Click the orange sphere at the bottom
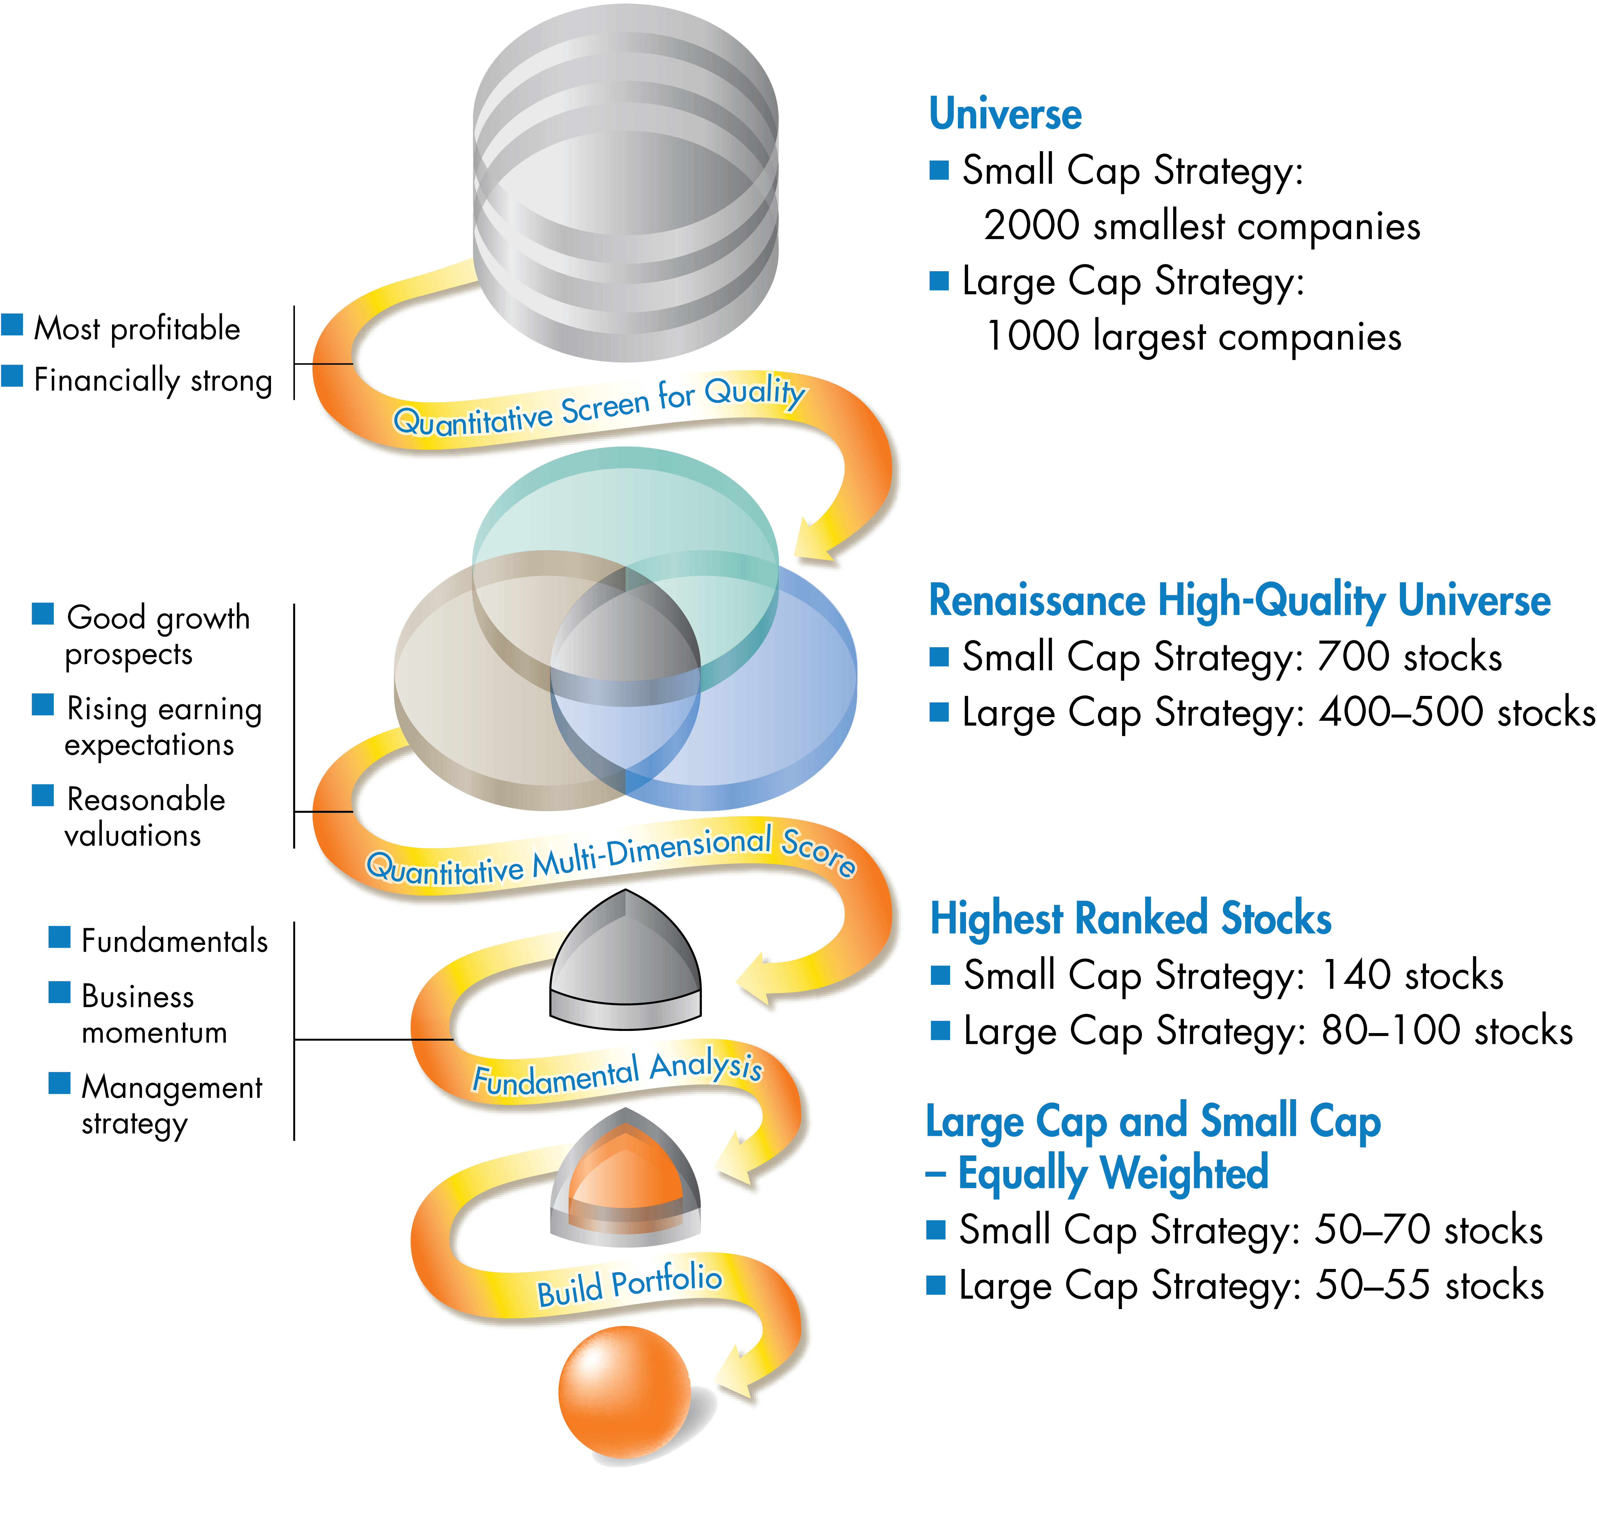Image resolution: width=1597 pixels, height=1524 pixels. point(624,1391)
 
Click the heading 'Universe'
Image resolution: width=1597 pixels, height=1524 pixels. point(1005,114)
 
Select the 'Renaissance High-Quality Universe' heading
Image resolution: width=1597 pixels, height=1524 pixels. point(1239,601)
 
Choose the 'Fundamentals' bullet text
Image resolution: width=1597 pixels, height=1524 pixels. point(174,941)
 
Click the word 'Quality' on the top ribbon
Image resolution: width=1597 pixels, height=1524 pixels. point(754,392)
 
